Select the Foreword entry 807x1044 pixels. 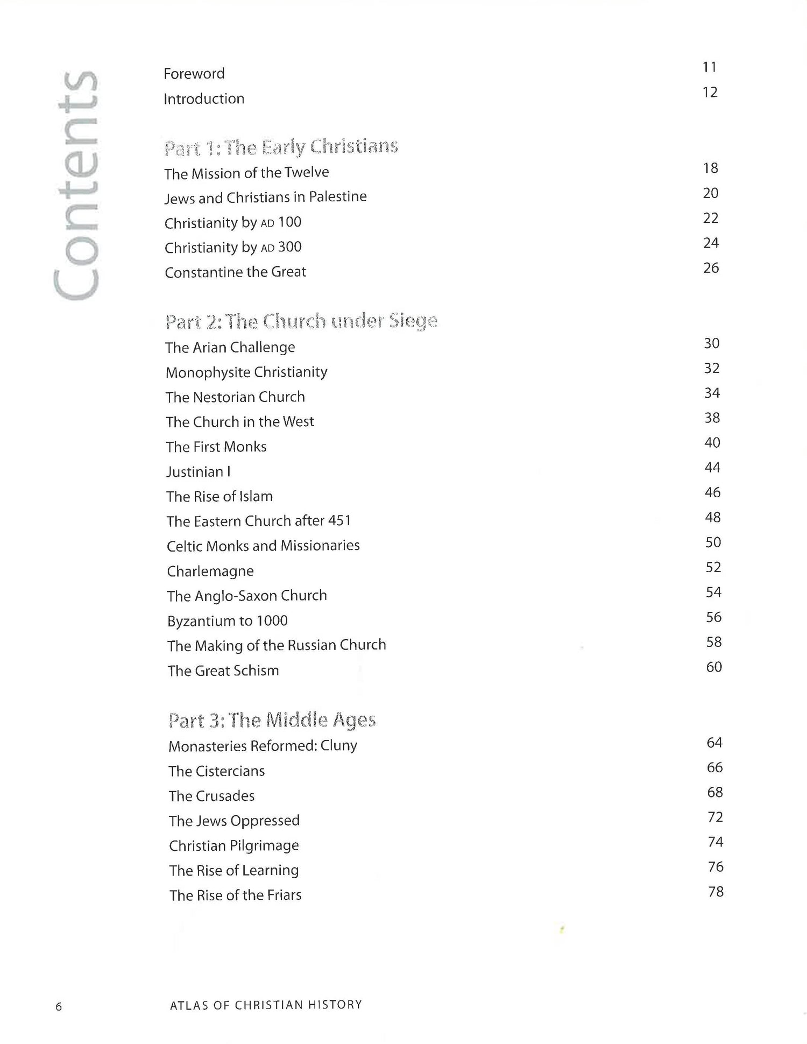point(194,74)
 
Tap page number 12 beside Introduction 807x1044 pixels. point(710,93)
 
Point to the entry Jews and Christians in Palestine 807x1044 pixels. point(265,197)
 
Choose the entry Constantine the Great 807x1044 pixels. point(235,272)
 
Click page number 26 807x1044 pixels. point(711,268)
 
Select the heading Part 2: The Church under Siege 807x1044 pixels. point(301,322)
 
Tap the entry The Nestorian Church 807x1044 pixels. point(235,397)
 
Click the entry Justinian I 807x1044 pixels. point(198,472)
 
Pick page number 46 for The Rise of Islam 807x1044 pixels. point(712,492)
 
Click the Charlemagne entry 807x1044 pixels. point(210,571)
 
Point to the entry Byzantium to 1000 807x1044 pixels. point(227,621)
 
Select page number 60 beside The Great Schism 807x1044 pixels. point(714,667)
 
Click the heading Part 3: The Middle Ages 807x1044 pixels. point(272,720)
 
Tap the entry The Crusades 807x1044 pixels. point(211,796)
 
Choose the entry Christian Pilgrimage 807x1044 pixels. point(233,846)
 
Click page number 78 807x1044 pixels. point(716,892)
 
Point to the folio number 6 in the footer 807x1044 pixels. point(59,1007)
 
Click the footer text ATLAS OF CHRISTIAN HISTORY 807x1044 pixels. point(266,1005)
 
